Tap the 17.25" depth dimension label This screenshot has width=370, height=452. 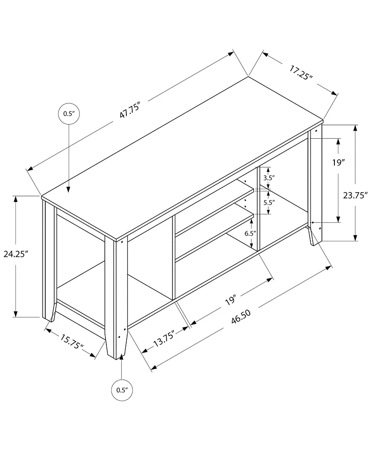301,73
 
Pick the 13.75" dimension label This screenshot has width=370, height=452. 164,339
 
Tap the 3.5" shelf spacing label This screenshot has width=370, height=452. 269,177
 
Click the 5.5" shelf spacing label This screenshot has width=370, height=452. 269,202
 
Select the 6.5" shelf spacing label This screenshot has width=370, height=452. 250,234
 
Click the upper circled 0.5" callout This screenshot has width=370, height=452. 68,114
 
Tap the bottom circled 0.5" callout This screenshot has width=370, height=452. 121,390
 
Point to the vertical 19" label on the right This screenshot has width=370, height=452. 339,162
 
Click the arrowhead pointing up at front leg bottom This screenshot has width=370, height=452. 121,358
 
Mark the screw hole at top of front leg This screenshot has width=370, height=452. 123,241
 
